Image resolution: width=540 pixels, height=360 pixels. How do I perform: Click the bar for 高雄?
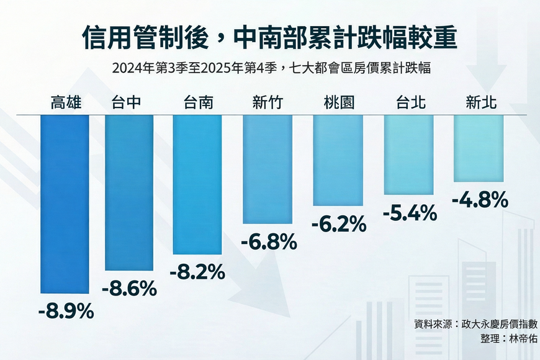pos(65,204)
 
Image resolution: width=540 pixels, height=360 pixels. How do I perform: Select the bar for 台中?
pos(129,192)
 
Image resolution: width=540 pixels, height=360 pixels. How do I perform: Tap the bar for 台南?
pos(197,184)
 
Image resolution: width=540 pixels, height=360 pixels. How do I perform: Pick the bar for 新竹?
pos(268,169)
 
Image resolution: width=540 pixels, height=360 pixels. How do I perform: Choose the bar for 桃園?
pos(338,160)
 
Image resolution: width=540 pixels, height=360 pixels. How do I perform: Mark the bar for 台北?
pos(408,155)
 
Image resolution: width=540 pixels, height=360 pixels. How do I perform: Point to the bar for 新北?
pos(479,148)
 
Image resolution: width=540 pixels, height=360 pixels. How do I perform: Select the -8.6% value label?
pos(129,288)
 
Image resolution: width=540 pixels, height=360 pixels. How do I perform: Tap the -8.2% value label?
pos(197,271)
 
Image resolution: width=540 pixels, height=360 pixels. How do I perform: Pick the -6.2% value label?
pos(339,223)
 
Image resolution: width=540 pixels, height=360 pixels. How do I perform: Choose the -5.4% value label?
pos(410,214)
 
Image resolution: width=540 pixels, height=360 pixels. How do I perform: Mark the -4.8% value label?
pos(480,200)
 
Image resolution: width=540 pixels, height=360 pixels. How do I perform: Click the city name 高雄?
pos(66,103)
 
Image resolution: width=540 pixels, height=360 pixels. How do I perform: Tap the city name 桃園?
pos(339,103)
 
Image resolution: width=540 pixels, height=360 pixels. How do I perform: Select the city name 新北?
pos(480,103)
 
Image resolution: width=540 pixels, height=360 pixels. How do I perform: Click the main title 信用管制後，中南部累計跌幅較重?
pos(269,39)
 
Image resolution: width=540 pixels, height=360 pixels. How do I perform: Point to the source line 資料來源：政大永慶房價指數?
pos(475,324)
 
